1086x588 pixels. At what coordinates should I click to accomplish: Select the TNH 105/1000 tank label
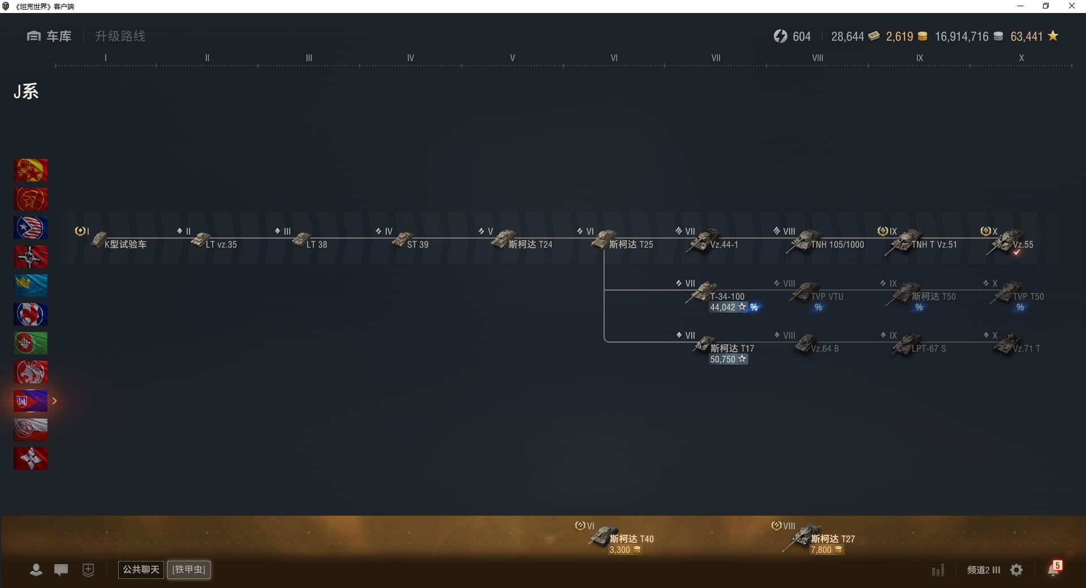pyautogui.click(x=837, y=245)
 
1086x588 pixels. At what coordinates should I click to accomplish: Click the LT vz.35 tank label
pyautogui.click(x=221, y=245)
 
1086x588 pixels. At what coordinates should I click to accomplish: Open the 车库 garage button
pyautogui.click(x=49, y=36)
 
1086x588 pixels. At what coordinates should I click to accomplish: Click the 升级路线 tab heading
pyautogui.click(x=120, y=36)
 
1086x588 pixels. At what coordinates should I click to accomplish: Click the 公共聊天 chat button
pyautogui.click(x=141, y=569)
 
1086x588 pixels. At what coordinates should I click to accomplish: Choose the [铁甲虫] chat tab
pyautogui.click(x=189, y=569)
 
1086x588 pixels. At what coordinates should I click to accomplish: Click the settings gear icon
pyautogui.click(x=1016, y=570)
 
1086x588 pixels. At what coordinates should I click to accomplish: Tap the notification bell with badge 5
pyautogui.click(x=1054, y=569)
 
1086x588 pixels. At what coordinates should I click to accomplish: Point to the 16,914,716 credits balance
pyautogui.click(x=962, y=37)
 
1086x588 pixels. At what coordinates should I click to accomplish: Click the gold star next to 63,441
pyautogui.click(x=1053, y=36)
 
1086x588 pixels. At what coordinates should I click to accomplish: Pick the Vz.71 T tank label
pyautogui.click(x=1026, y=349)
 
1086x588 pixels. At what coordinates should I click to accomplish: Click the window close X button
pyautogui.click(x=1071, y=6)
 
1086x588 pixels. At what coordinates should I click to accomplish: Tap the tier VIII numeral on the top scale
pyautogui.click(x=817, y=58)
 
